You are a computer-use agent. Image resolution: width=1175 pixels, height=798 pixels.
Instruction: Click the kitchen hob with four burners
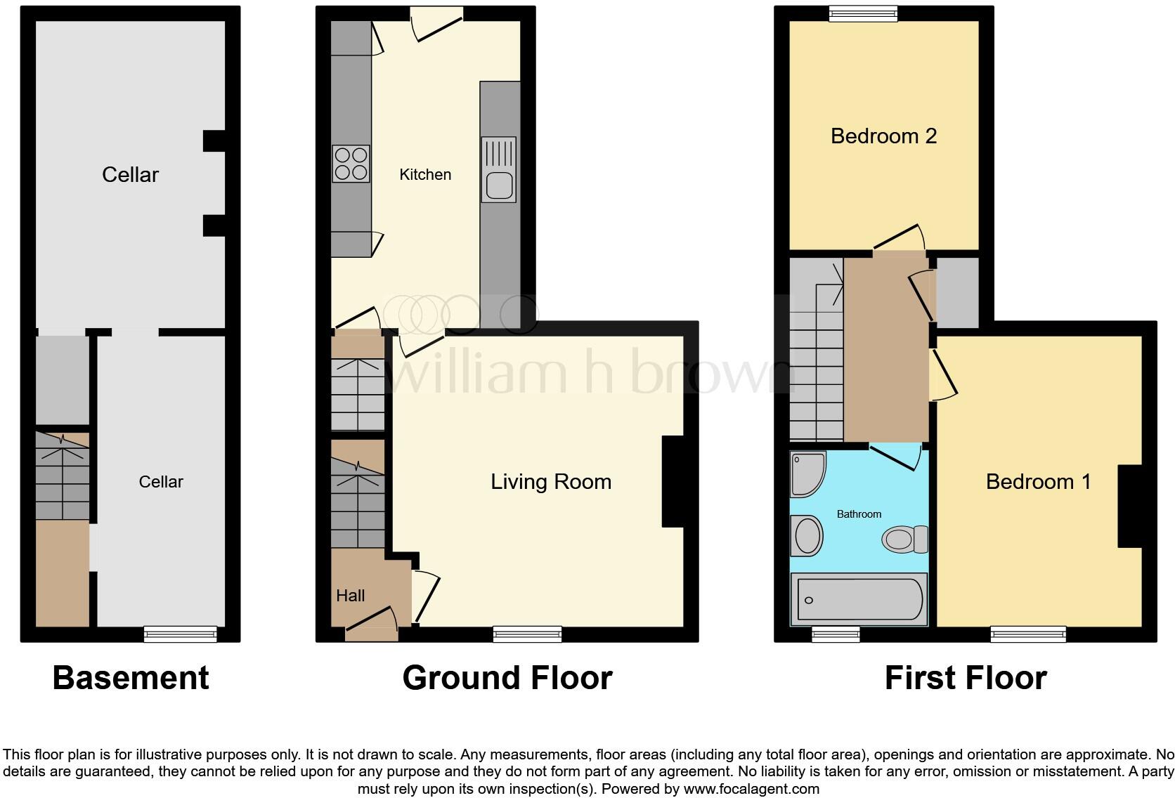pos(351,163)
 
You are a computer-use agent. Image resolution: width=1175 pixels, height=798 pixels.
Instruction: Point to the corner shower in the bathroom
pos(807,474)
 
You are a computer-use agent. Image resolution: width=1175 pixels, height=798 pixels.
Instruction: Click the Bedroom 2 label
pos(883,136)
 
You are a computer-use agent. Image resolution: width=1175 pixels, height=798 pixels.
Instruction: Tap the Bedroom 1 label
pos(1038,482)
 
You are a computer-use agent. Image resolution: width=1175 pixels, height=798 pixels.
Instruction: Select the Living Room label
pos(550,482)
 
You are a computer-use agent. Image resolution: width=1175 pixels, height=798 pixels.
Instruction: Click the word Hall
pos(350,596)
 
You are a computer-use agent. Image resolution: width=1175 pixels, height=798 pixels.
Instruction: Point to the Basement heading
pos(131,678)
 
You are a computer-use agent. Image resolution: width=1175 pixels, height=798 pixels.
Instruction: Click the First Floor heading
pos(965,678)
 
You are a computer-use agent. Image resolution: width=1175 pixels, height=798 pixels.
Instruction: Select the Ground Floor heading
pos(507,678)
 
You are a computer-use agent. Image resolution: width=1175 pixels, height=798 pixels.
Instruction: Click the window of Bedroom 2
pos(863,13)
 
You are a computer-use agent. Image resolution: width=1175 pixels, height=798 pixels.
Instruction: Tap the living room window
pos(527,634)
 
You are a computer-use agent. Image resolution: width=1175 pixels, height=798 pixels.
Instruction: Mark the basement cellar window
pos(180,634)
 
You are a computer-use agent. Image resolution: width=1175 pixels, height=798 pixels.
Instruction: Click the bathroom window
pos(836,634)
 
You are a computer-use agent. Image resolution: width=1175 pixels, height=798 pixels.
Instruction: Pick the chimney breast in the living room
pos(673,481)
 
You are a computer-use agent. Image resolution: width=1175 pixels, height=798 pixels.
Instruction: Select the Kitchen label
pos(424,175)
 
